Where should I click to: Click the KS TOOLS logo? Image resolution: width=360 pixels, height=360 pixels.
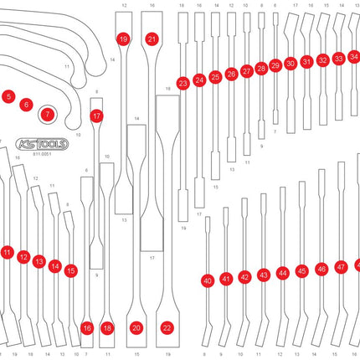click(x=41, y=143)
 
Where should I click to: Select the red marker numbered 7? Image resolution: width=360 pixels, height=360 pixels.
click(x=48, y=112)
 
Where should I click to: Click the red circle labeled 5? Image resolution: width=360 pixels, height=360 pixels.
click(x=8, y=97)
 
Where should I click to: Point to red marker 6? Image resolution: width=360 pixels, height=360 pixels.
click(x=27, y=105)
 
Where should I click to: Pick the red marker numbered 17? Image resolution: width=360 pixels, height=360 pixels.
click(x=97, y=116)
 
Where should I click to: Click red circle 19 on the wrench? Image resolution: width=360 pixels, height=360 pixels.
click(x=123, y=39)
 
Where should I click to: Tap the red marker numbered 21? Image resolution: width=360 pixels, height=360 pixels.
click(x=152, y=39)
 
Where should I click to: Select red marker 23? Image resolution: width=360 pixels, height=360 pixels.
click(x=183, y=83)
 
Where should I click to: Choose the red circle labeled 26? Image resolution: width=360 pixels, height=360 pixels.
click(x=231, y=75)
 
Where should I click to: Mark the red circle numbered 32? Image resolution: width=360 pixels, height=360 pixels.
click(x=323, y=60)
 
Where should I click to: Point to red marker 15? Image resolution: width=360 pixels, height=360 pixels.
click(x=70, y=270)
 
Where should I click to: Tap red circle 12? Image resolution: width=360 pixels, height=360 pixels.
click(x=23, y=257)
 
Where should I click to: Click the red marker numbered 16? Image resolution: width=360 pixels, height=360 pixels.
click(x=87, y=328)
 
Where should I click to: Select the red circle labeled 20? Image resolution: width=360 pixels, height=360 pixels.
click(x=136, y=328)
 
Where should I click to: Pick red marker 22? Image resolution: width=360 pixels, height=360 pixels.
click(x=167, y=328)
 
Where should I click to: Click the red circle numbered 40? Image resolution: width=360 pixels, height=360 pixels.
click(x=207, y=281)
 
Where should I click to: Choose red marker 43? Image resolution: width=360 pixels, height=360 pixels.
click(x=263, y=275)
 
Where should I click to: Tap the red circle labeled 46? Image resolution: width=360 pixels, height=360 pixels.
click(x=321, y=270)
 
